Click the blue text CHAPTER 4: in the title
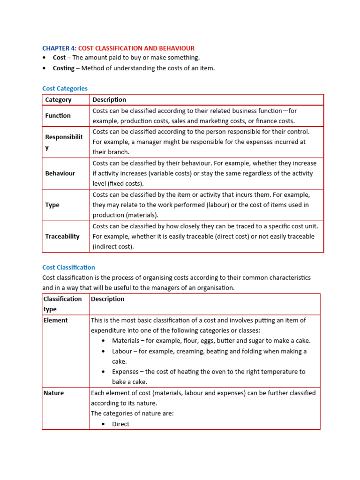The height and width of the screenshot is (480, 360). pyautogui.click(x=59, y=48)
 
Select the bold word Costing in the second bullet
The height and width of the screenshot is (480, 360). pyautogui.click(x=63, y=68)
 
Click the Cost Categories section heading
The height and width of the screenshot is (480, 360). pyautogui.click(x=65, y=88)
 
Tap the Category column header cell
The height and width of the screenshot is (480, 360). pyautogui.click(x=58, y=99)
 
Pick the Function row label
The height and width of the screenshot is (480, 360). pyautogui.click(x=58, y=116)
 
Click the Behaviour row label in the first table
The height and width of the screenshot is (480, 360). pyautogui.click(x=60, y=173)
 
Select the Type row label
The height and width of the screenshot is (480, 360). pyautogui.click(x=52, y=205)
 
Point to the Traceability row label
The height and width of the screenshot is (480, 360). pyautogui.click(x=62, y=237)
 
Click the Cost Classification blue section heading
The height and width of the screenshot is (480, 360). pyautogui.click(x=68, y=267)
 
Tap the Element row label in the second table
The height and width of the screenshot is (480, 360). pyautogui.click(x=55, y=320)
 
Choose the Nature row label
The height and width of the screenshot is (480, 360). pyautogui.click(x=53, y=393)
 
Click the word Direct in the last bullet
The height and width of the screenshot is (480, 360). pyautogui.click(x=120, y=424)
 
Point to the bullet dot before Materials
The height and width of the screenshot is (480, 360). pyautogui.click(x=103, y=341)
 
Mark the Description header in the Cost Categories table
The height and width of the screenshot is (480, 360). pyautogui.click(x=109, y=99)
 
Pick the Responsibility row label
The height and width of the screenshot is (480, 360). pyautogui.click(x=64, y=142)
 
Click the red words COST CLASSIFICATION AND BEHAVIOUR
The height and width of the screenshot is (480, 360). pyautogui.click(x=136, y=48)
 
